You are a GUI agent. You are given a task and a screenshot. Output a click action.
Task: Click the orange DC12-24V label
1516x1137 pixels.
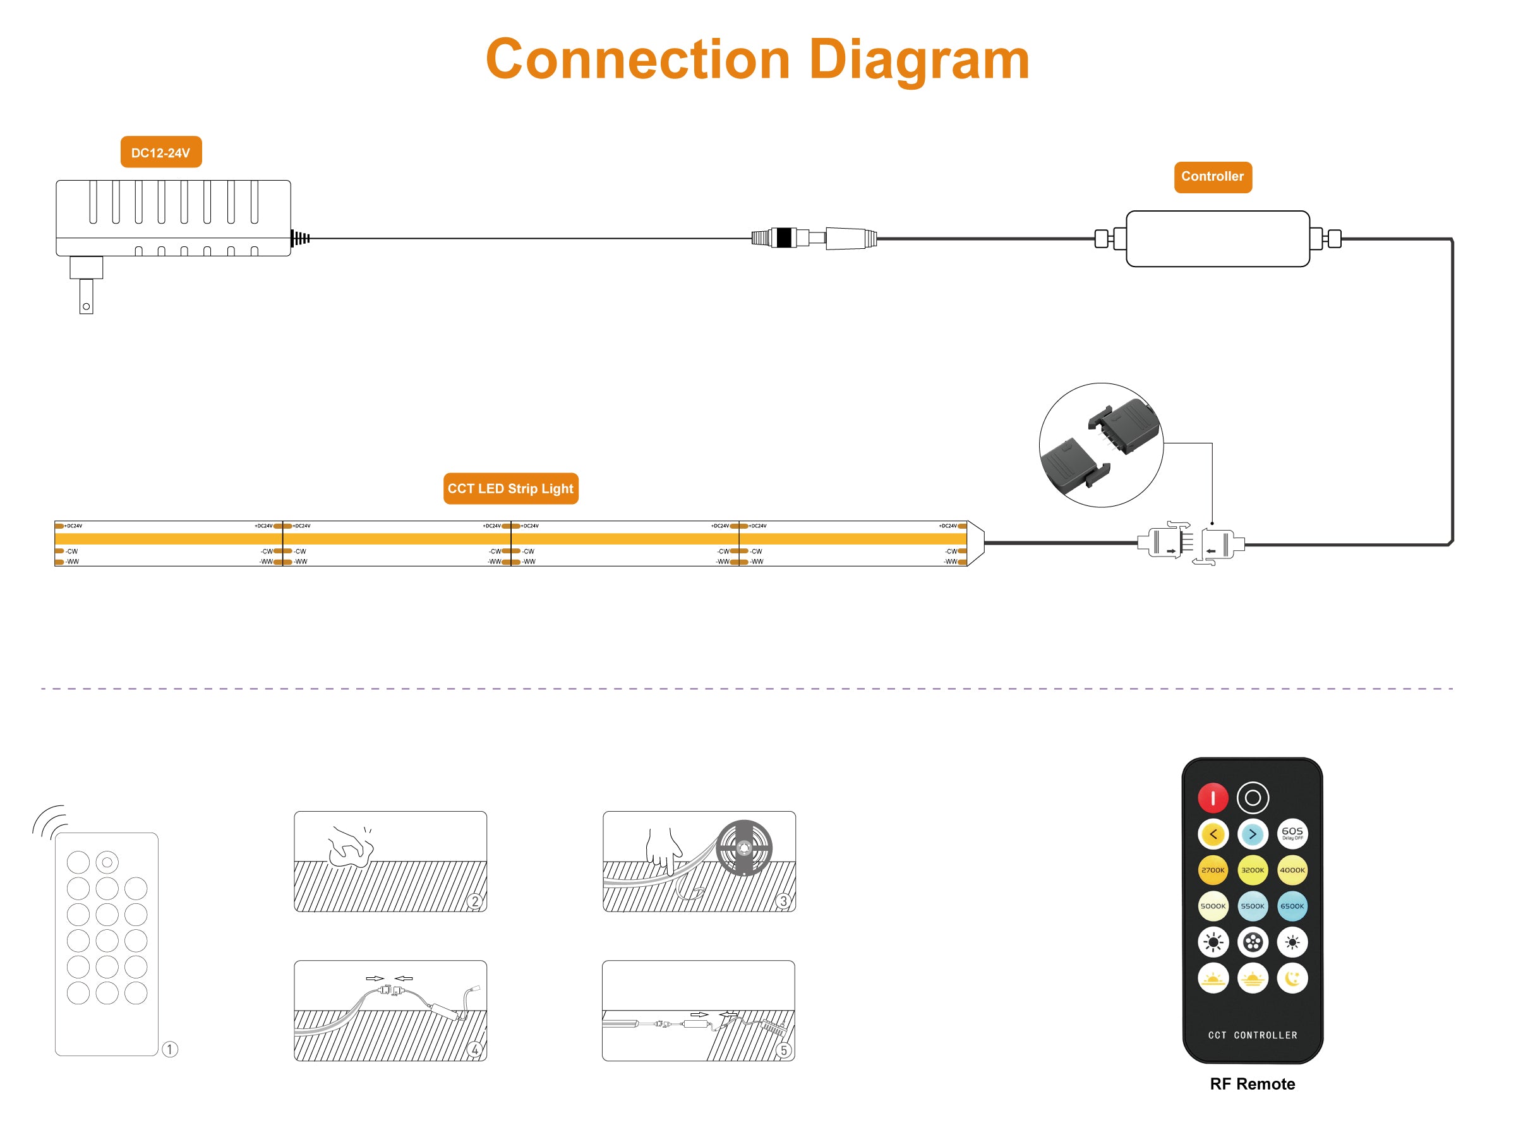pos(161,152)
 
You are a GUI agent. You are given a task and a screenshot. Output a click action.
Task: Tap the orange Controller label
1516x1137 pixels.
pos(1212,177)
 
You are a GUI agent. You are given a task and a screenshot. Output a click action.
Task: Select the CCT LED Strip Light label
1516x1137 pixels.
pos(510,489)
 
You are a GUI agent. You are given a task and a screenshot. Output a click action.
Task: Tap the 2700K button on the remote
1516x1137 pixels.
pos(1212,870)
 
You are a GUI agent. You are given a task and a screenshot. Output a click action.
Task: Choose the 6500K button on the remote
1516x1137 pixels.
pos(1292,906)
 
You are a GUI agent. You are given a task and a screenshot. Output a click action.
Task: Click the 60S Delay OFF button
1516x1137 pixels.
pos(1292,833)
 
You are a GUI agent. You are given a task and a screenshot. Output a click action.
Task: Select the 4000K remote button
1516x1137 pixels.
pos(1292,870)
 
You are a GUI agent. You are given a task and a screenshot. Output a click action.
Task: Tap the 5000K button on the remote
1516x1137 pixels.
pos(1212,906)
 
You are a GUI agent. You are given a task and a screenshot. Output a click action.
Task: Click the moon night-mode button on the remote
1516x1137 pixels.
pos(1292,978)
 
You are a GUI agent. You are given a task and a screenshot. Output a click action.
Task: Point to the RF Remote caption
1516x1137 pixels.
pos(1252,1083)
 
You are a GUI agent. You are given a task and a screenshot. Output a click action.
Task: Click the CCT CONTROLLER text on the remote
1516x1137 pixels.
pos(1252,1035)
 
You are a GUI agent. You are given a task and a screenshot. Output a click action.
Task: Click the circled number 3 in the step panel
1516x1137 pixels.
pos(783,901)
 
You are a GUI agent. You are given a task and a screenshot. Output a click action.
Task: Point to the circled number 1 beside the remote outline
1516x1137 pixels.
pos(170,1049)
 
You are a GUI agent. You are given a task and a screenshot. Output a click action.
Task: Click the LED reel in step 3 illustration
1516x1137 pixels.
pos(743,848)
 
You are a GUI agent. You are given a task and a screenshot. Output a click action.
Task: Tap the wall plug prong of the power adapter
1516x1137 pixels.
pos(87,296)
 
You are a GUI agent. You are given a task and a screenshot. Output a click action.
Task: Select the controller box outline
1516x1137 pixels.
pos(1217,239)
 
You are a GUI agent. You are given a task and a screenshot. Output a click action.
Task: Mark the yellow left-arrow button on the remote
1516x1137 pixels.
pos(1212,834)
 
